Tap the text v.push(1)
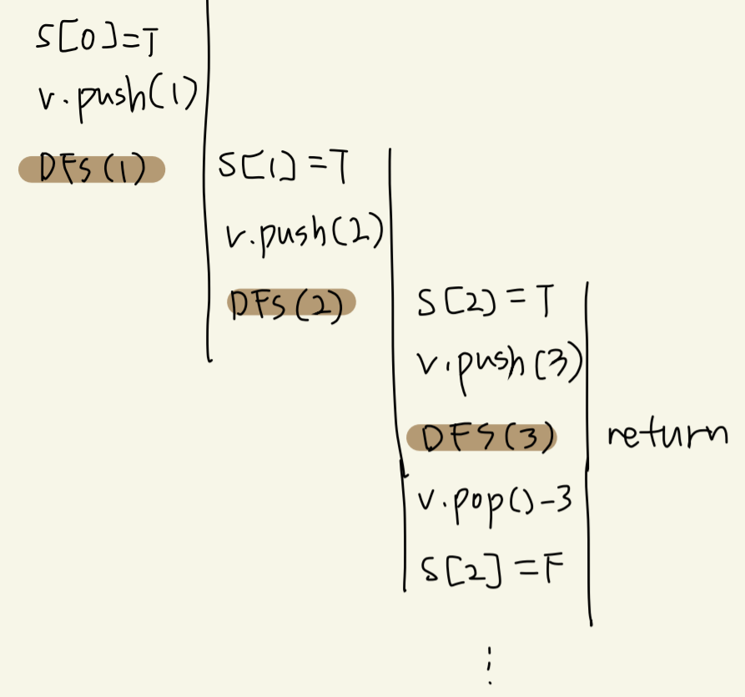(x=117, y=98)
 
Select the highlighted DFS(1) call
(x=92, y=170)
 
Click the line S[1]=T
(x=282, y=167)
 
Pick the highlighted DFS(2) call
(x=291, y=303)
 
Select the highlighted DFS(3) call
(x=481, y=437)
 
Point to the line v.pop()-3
(x=493, y=503)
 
